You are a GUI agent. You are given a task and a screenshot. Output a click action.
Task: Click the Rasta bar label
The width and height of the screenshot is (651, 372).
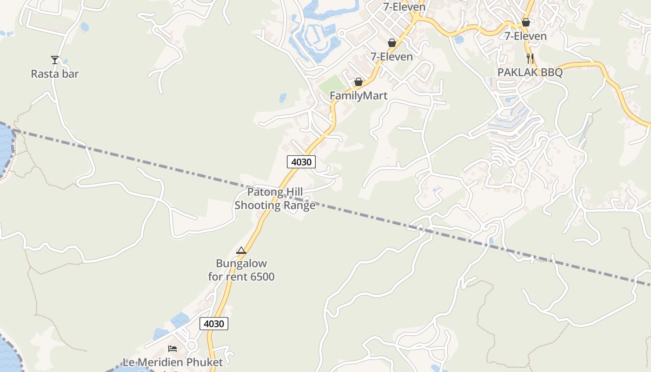(55, 73)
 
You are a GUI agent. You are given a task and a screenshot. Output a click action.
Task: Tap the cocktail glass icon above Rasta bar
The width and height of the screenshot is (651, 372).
(55, 60)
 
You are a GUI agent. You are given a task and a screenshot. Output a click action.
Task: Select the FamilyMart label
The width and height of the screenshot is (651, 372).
(359, 95)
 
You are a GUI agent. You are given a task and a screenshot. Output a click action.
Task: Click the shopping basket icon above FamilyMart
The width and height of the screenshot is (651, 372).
(359, 82)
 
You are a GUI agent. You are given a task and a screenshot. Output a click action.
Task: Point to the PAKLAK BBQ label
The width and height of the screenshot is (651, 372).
(530, 73)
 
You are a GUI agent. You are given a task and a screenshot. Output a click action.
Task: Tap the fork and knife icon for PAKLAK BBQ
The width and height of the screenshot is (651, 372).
(530, 58)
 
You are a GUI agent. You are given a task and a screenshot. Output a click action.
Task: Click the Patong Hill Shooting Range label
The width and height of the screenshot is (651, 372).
(275, 199)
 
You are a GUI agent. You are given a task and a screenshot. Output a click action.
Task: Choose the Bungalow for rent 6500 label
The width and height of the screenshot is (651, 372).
(241, 270)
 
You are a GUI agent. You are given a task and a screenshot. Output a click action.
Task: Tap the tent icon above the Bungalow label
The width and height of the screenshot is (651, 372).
(241, 251)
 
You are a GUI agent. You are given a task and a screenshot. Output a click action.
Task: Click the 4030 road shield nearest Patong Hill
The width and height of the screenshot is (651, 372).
(301, 162)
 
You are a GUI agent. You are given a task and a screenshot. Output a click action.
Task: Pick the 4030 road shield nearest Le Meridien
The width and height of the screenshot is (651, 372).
(214, 324)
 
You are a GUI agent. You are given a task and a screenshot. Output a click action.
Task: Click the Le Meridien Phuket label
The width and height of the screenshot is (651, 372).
(173, 362)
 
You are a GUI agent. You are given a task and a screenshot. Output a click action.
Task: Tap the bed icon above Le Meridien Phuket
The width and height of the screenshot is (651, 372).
(173, 348)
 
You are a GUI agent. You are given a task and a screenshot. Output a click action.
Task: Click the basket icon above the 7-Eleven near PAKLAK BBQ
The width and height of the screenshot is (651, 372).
(526, 22)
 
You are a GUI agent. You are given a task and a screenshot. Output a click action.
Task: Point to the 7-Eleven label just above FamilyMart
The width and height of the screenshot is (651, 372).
(392, 57)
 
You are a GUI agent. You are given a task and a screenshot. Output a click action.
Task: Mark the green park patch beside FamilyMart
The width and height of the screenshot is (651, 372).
(333, 84)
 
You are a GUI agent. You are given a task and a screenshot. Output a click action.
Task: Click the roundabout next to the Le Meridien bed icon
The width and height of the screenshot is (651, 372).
(191, 345)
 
